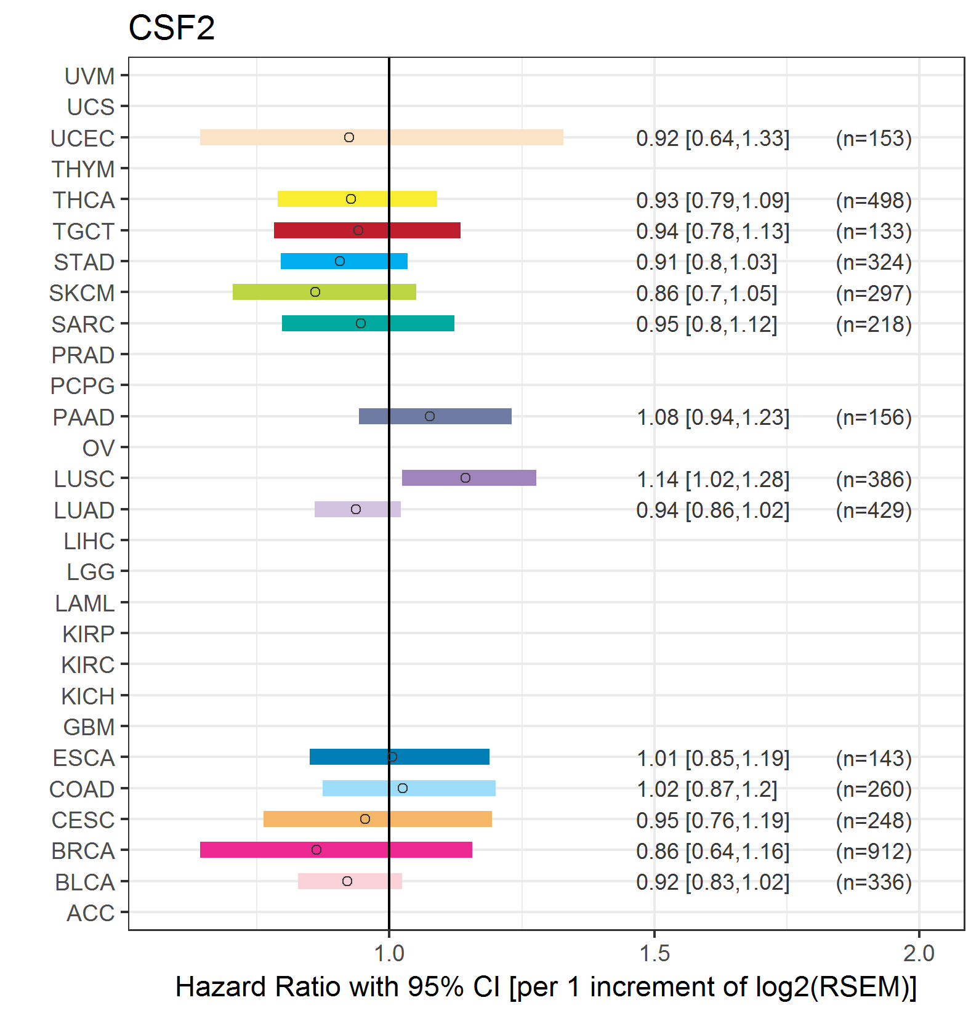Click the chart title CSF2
pos(172,28)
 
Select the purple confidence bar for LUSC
pos(469,478)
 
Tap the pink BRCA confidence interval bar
pos(336,850)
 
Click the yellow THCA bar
pos(357,199)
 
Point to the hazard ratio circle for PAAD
pos(430,416)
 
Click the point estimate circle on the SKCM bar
pos(315,292)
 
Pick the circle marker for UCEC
pos(349,137)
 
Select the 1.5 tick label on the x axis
pos(654,953)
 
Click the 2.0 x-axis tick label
pos(919,953)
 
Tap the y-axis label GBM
pos(89,727)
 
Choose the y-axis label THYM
pos(83,169)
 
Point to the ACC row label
pos(91,913)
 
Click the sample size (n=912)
pos(874,851)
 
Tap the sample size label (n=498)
pos(874,200)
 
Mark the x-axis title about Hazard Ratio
pos(546,986)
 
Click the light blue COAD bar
pos(409,788)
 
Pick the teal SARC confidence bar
pos(368,323)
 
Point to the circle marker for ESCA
pos(392,757)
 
